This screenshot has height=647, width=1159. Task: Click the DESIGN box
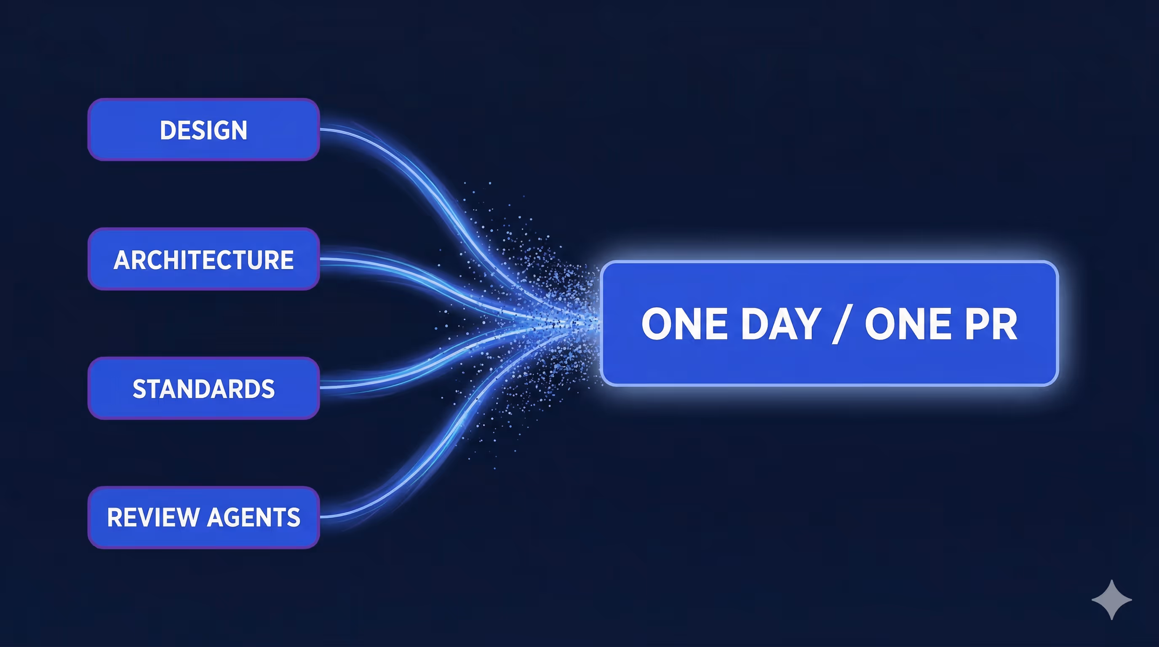[x=203, y=130]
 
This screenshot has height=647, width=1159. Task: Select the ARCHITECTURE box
[x=203, y=259]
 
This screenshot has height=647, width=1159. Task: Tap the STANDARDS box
[x=203, y=388]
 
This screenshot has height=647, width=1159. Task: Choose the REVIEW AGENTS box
[x=203, y=517]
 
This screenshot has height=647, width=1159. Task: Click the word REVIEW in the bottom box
[x=153, y=517]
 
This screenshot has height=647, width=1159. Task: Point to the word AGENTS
[x=254, y=517]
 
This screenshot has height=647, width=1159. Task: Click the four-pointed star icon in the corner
[x=1112, y=600]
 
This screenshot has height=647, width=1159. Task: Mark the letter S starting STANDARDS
[x=139, y=389]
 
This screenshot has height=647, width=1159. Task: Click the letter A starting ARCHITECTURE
[x=123, y=259]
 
